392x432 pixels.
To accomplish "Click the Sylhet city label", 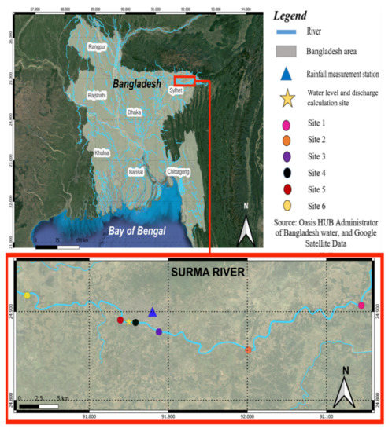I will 176,91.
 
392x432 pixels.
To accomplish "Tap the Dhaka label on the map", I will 135,112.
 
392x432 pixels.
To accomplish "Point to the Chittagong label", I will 179,171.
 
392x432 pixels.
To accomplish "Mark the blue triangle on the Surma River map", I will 153,313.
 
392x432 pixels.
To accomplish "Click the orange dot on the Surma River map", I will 248,350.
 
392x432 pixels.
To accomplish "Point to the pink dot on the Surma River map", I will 361,306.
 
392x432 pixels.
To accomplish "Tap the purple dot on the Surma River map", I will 159,332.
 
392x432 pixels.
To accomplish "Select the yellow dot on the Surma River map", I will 28,295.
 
